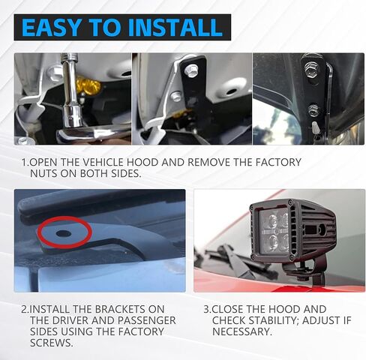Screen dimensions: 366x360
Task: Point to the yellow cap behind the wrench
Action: (x=88, y=85)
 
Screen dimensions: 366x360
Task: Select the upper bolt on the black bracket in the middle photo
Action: (x=191, y=70)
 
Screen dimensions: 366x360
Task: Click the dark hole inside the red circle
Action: (x=64, y=233)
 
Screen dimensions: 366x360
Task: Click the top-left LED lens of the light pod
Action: (x=271, y=220)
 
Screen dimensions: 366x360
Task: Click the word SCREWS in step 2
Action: (x=52, y=343)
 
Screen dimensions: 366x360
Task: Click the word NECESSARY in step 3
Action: (x=242, y=331)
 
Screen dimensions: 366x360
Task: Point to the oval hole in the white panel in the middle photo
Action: (x=231, y=91)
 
